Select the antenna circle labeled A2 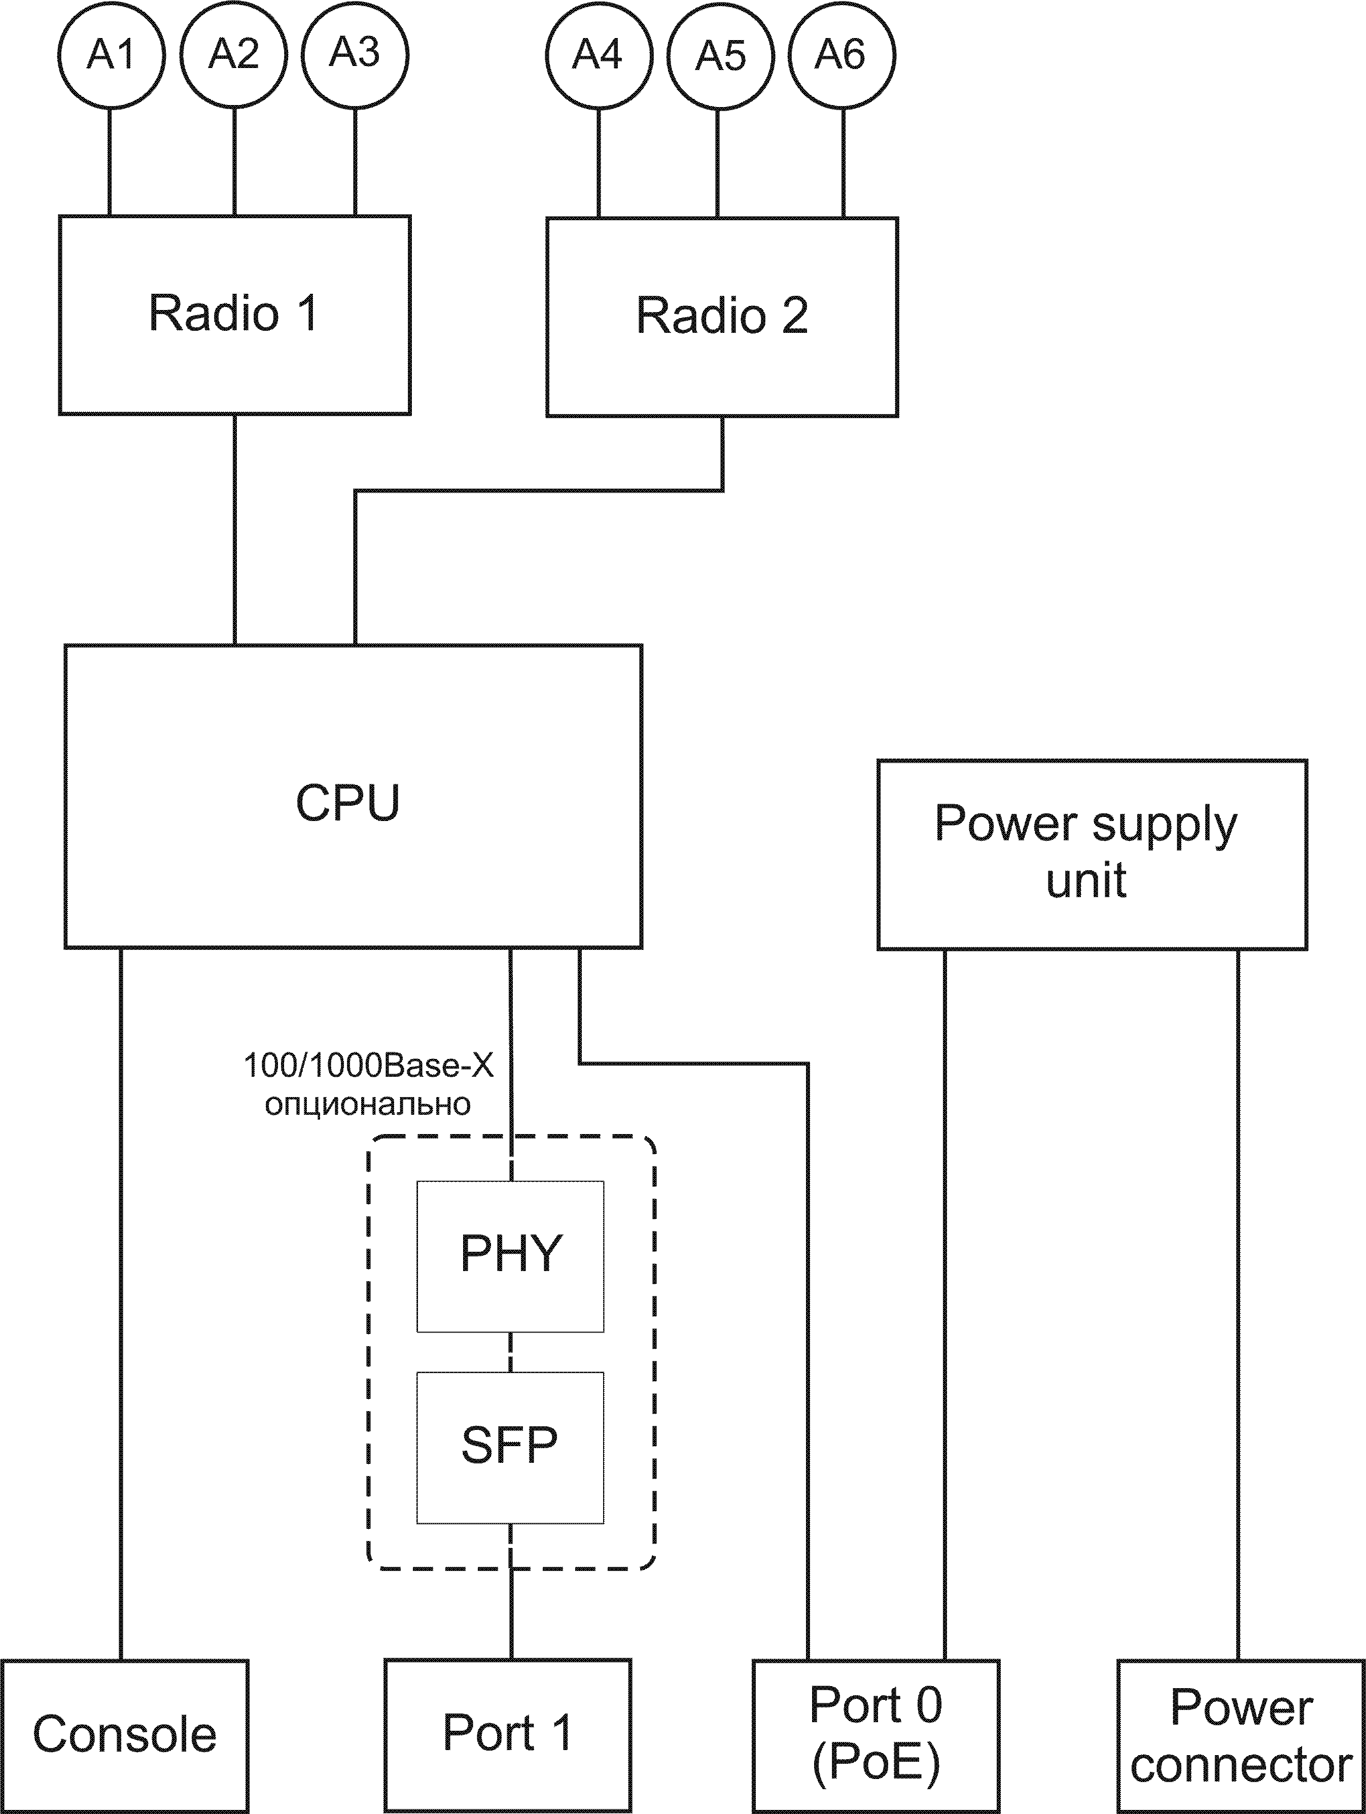click(234, 54)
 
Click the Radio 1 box click(234, 315)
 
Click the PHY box click(510, 1255)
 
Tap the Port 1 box click(508, 1734)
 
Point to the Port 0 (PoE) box click(875, 1734)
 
